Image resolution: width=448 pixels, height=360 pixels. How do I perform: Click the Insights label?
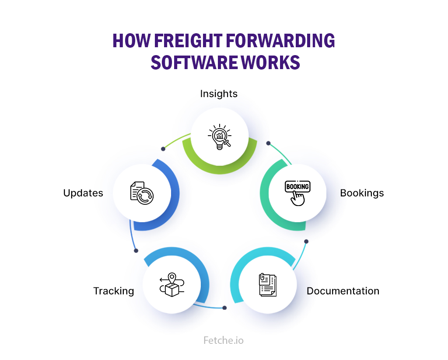tap(219, 94)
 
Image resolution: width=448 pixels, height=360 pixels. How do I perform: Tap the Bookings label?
tap(362, 193)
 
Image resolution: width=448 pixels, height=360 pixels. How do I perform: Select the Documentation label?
tap(343, 291)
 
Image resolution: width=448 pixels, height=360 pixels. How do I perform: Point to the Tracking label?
tap(113, 291)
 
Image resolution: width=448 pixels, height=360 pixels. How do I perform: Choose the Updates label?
tap(83, 193)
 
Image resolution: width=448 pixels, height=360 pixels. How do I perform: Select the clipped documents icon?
tap(267, 286)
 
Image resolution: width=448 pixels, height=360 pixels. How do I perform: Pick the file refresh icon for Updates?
tap(142, 193)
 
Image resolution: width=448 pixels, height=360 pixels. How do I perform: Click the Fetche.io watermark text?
tap(224, 340)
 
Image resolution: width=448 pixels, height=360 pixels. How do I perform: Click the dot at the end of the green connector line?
tap(163, 149)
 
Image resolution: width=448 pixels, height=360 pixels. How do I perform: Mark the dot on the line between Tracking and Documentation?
tap(224, 308)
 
